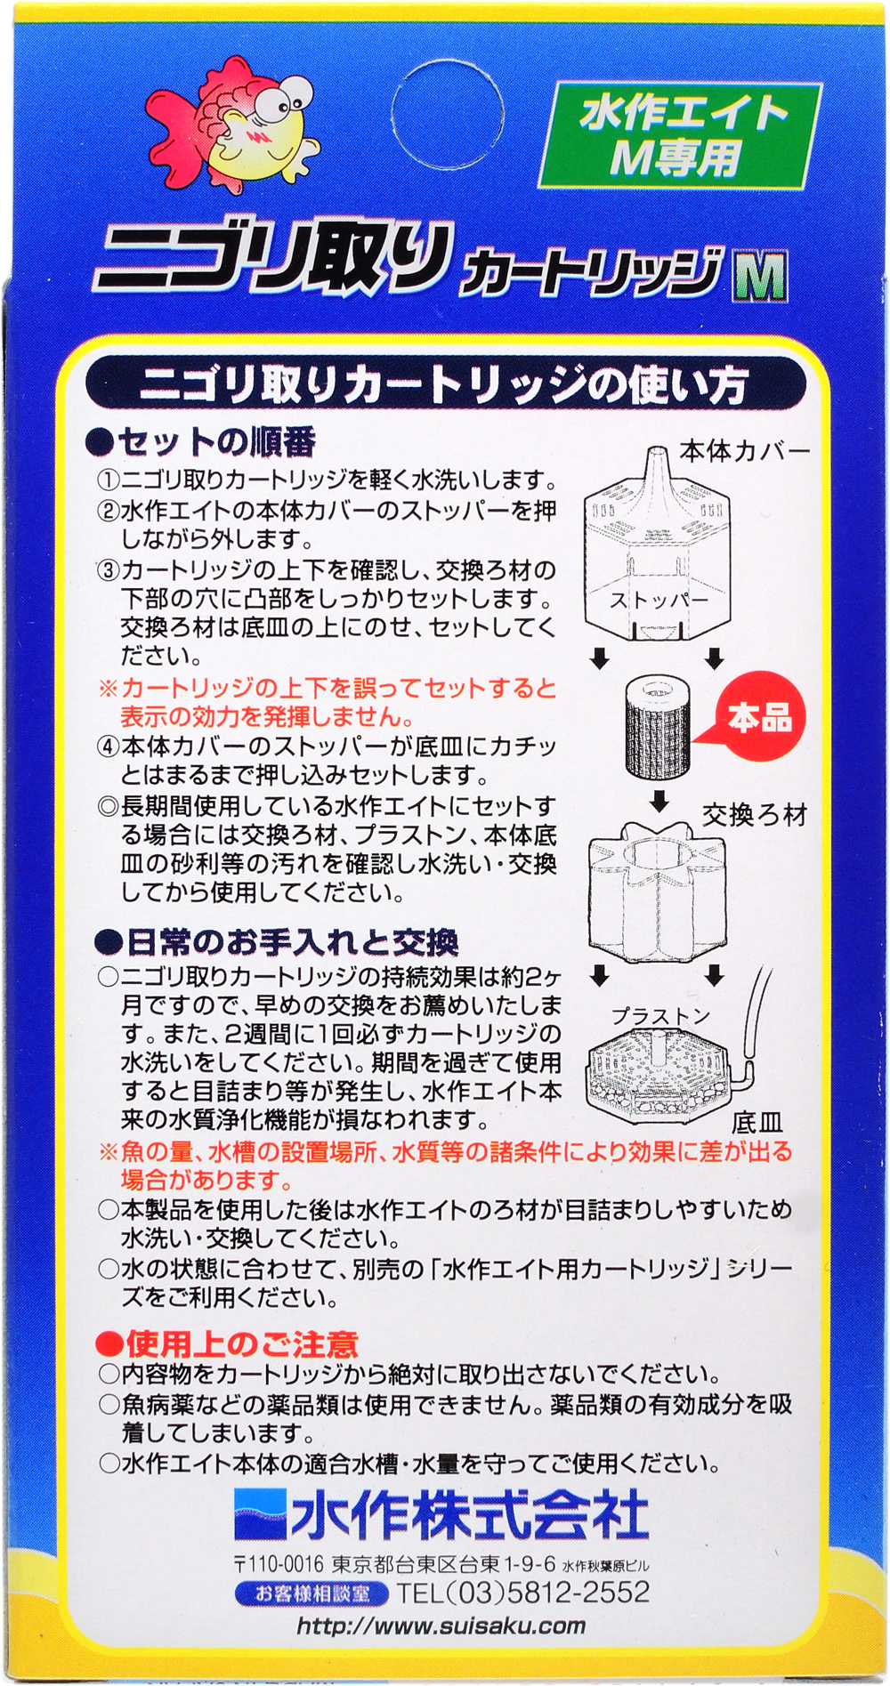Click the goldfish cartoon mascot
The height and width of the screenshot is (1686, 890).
coord(233,119)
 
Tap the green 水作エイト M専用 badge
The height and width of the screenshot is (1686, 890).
coord(680,135)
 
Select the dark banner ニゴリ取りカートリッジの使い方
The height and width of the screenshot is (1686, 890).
coord(445,385)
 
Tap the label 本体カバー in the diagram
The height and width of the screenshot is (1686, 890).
coord(745,452)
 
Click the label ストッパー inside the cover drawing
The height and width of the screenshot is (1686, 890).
coord(659,601)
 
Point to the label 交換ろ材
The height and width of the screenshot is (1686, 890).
coord(755,815)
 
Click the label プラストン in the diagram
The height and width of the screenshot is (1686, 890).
coord(660,1016)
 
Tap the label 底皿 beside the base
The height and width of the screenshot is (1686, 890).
coord(756,1123)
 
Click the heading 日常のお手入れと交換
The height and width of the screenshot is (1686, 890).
coord(277,942)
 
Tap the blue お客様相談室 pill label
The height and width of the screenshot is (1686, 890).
coord(311,1593)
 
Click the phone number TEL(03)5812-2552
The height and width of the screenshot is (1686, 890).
coord(523,1593)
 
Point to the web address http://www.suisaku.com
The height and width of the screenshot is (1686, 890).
coord(441,1626)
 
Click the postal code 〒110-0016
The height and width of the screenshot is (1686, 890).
coord(279,1564)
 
